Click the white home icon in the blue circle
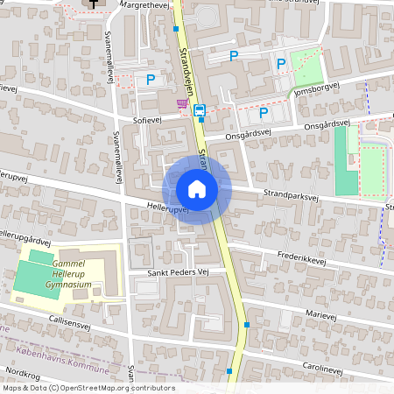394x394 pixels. click(197, 188)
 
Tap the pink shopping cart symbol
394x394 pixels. click(182, 104)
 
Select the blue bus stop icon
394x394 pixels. click(200, 110)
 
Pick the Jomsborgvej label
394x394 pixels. click(316, 90)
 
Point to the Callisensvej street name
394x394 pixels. click(70, 323)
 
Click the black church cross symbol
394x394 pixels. click(93, 4)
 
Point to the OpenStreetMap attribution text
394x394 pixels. click(88, 388)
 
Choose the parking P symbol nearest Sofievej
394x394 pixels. click(151, 79)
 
